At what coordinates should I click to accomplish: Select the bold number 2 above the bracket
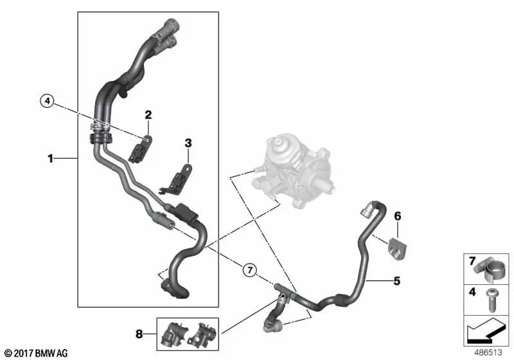[x=148, y=115]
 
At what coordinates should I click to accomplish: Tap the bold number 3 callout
[x=188, y=142]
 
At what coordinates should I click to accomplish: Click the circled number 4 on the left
[x=46, y=100]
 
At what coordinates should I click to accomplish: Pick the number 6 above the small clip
[x=397, y=216]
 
